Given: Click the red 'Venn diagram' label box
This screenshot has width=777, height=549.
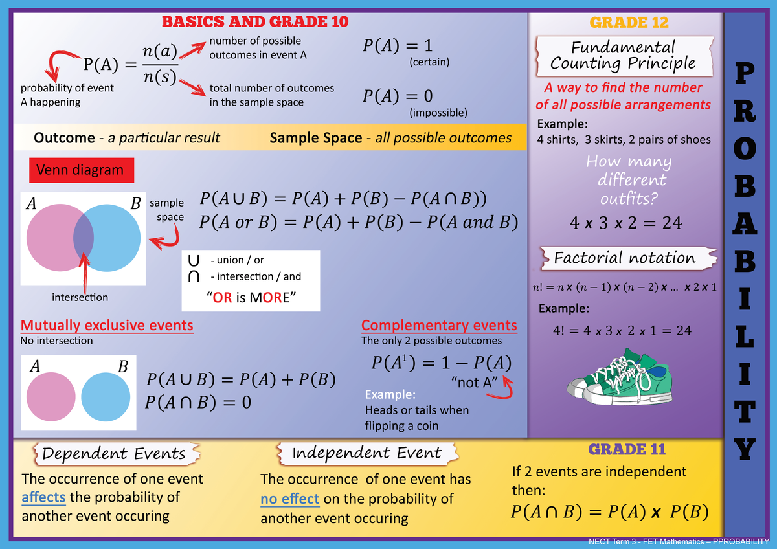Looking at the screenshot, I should [x=81, y=170].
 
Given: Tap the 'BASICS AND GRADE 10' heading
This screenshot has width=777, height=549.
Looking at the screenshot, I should [x=255, y=21].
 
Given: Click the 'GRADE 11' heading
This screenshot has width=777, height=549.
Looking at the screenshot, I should [x=627, y=449].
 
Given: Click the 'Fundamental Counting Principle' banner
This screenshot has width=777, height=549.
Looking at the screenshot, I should [x=623, y=56].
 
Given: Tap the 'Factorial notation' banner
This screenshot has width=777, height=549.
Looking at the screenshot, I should [x=624, y=258].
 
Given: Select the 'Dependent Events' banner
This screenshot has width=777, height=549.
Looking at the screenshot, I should [x=113, y=453].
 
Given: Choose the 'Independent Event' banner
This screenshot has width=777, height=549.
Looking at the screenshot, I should [x=366, y=453].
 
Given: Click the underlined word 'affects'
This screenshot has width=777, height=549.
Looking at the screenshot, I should [x=43, y=498].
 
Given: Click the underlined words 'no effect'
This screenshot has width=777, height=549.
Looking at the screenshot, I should [x=289, y=499].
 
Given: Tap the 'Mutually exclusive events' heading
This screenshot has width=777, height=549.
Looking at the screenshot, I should [x=107, y=325].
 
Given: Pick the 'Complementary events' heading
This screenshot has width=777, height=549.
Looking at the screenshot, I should [x=439, y=325].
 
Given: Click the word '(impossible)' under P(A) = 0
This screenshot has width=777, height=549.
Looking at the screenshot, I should [x=438, y=113].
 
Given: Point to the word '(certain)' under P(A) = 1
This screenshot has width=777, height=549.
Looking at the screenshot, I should [x=429, y=62].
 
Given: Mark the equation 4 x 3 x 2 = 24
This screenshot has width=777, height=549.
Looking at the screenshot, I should [x=625, y=223].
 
